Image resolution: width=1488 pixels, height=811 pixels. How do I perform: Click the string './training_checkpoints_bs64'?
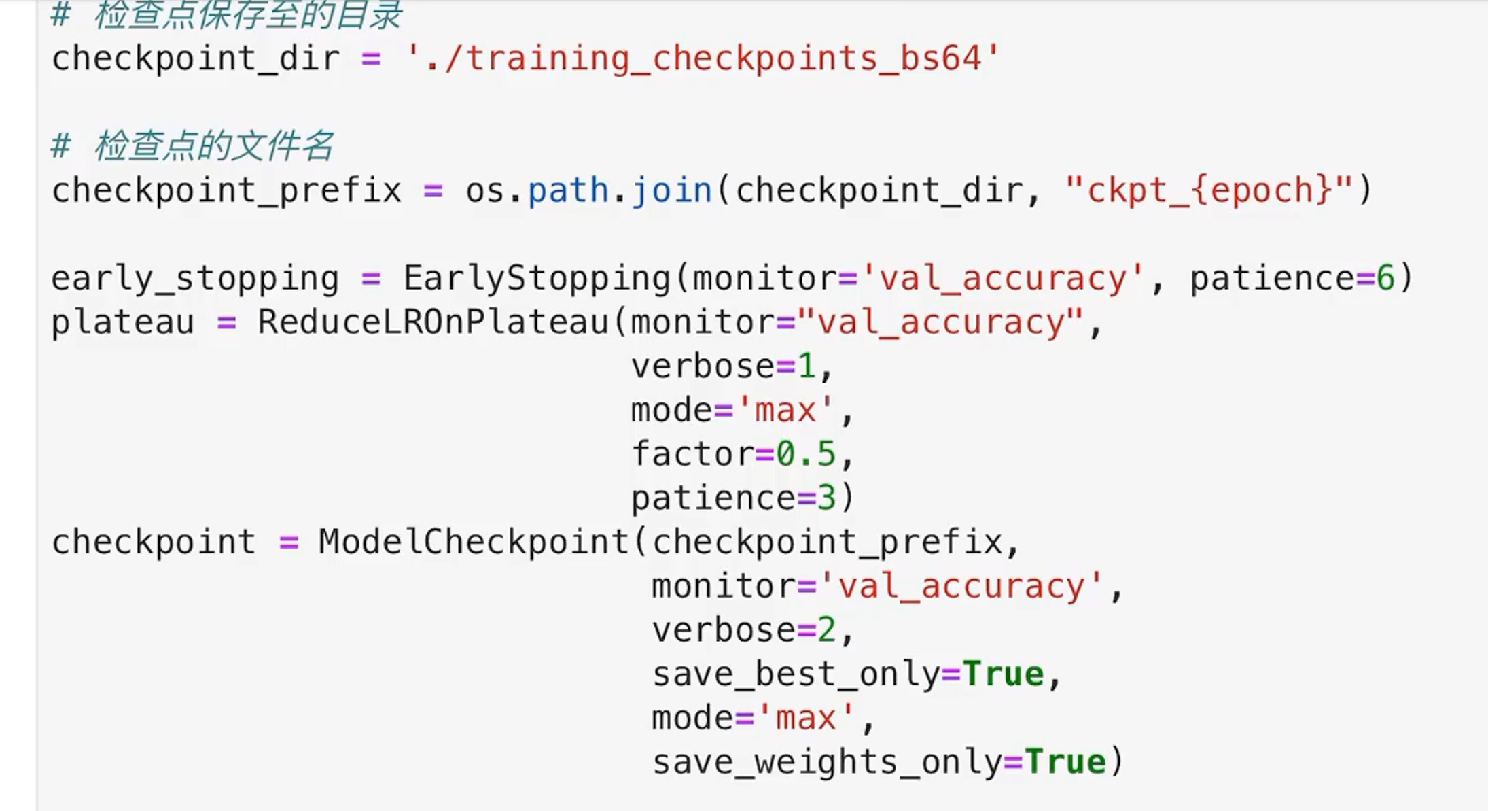tap(703, 58)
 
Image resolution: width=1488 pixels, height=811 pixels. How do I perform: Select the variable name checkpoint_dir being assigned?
tap(196, 58)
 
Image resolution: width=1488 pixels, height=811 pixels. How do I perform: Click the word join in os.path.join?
tap(672, 190)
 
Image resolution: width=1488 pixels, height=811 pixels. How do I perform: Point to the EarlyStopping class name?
tap(537, 278)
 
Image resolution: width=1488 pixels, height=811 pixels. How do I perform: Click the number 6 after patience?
tap(1385, 278)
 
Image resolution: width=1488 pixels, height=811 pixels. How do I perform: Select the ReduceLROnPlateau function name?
tap(433, 322)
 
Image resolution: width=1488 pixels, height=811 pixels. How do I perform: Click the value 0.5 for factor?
tap(806, 454)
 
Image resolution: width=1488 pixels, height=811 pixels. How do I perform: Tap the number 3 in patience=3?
tap(826, 498)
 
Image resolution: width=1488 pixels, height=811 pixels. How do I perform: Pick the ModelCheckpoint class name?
tap(474, 542)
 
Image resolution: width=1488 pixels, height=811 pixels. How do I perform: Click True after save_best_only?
tap(1004, 674)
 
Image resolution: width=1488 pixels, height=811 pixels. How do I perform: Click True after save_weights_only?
tap(1065, 762)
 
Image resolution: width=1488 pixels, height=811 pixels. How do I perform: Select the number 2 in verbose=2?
tap(826, 630)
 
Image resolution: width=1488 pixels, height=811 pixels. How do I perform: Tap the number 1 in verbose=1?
tap(806, 366)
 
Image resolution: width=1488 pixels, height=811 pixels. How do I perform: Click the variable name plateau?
tap(123, 322)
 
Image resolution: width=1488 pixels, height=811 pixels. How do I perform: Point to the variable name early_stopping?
tap(196, 278)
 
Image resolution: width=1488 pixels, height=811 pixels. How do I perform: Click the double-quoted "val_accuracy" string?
tap(940, 322)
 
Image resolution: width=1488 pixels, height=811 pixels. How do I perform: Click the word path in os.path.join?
tap(568, 190)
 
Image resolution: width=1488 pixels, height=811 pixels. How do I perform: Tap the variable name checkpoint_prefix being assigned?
tap(226, 190)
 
